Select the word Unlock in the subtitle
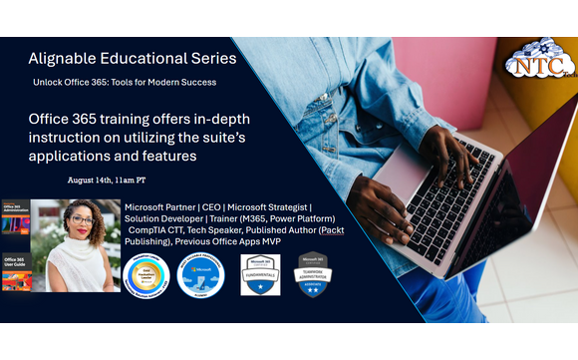pyautogui.click(x=52, y=82)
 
